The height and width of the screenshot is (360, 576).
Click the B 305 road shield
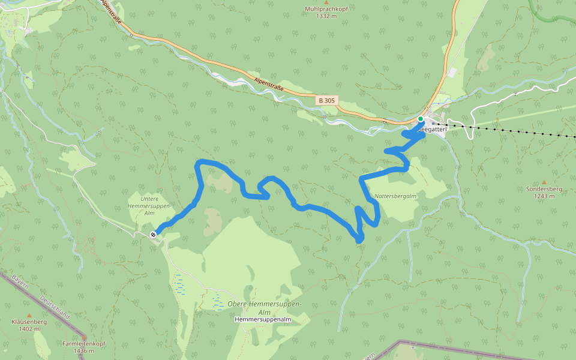tap(327, 100)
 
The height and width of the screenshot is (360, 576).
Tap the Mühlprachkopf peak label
tap(326, 9)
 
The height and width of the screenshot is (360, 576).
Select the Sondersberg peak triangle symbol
tap(544, 182)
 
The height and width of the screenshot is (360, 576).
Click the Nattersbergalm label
tap(395, 196)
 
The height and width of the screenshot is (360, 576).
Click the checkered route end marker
tap(154, 235)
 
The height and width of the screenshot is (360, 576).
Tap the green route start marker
tap(421, 119)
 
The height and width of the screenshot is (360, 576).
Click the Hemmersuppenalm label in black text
tap(263, 320)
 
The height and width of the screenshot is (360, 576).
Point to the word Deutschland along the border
tap(55, 307)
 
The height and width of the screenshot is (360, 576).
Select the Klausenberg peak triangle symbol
tap(29, 315)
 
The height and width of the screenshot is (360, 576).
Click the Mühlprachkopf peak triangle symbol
tap(326, 2)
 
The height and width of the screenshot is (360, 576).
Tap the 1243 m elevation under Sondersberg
tap(544, 196)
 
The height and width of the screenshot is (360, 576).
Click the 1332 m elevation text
tap(326, 16)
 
